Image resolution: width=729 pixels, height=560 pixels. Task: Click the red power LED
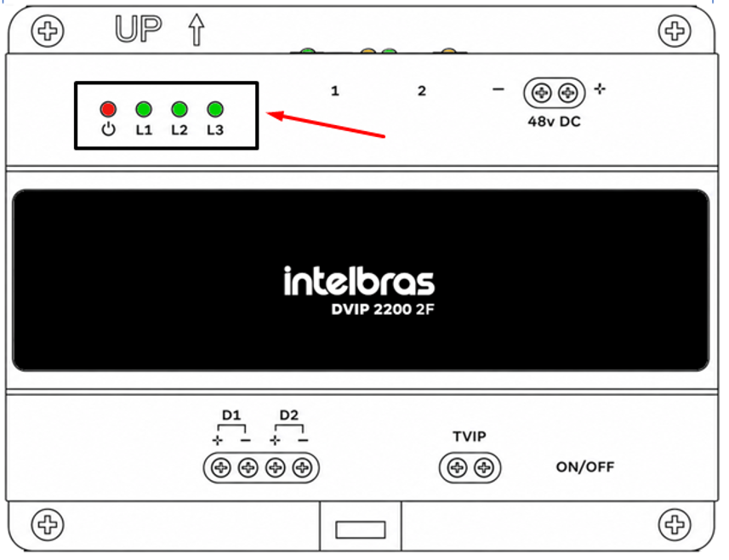point(108,109)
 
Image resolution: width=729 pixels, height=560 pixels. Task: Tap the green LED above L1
point(144,109)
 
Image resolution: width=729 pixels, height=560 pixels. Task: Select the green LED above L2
point(179,109)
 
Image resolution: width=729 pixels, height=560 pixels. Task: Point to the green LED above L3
point(215,109)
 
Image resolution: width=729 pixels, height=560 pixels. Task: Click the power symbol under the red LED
point(108,129)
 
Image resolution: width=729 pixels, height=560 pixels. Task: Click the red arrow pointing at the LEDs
point(326,124)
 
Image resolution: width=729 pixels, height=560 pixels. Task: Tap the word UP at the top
point(138,29)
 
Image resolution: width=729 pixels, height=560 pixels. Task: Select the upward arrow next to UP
point(196,29)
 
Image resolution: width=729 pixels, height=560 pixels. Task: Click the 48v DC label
point(554,122)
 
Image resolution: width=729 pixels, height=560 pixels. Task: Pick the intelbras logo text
point(359,282)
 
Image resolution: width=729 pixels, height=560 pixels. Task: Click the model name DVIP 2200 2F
point(383,309)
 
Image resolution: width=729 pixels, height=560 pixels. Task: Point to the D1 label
point(231,414)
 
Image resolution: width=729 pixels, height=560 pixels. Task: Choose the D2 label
point(288,414)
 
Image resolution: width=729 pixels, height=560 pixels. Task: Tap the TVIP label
point(470,437)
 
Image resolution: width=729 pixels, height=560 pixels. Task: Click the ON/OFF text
point(585,466)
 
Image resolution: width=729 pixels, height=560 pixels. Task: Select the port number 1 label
point(335,91)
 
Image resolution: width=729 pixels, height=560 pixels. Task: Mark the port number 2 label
point(422,91)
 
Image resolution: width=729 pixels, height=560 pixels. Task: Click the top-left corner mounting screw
point(48,31)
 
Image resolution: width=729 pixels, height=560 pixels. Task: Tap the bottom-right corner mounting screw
point(675,524)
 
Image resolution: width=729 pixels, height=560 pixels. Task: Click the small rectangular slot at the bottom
point(361,529)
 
